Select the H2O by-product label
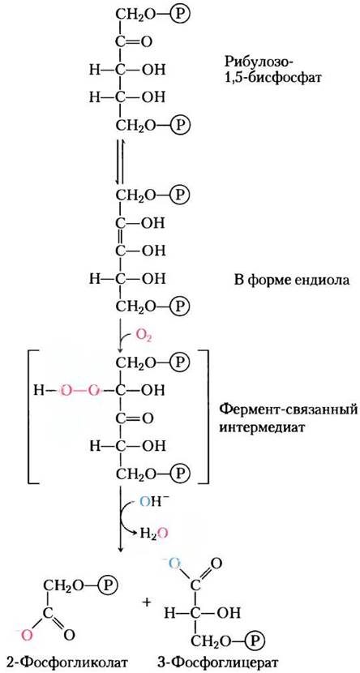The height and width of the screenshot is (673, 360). (152, 534)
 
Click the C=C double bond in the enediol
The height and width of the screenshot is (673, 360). (121, 236)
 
